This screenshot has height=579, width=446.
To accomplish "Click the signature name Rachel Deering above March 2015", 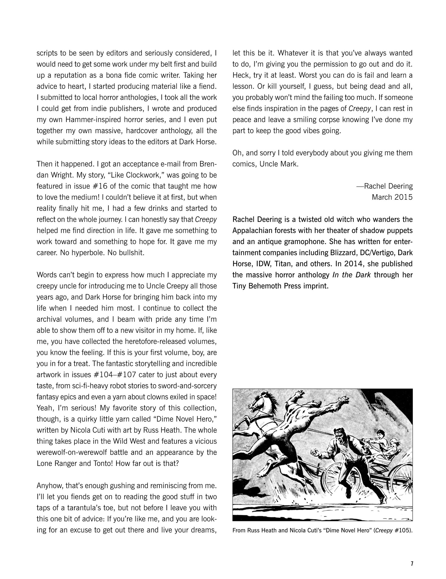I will click(x=388, y=186).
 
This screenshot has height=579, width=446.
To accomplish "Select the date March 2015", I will click(x=392, y=197).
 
